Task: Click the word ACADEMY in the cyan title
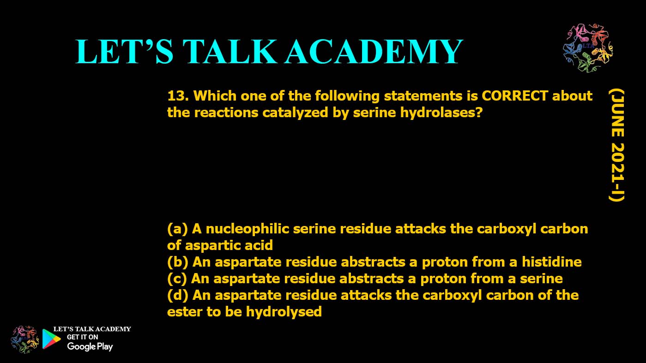[x=374, y=52]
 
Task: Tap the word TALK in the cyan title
[x=229, y=52]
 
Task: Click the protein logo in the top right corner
[x=588, y=48]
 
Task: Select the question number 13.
[x=178, y=95]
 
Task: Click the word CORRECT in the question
[x=515, y=95]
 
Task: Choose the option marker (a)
[x=177, y=229]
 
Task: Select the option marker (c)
[x=177, y=279]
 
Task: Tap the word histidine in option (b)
[x=552, y=262]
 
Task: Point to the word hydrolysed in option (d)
[x=284, y=312]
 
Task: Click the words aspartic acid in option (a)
[x=229, y=245]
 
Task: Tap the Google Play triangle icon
[x=51, y=339]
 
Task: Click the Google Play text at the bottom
[x=90, y=346]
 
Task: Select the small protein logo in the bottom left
[x=24, y=339]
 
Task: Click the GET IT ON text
[x=83, y=337]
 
